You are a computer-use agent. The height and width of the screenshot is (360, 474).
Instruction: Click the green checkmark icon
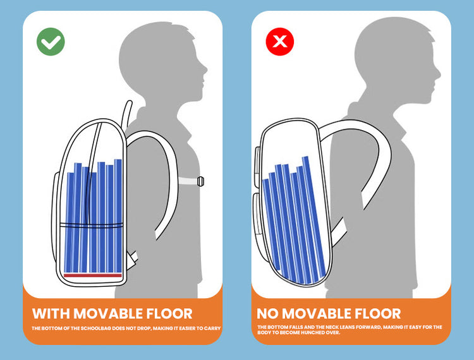click(51, 42)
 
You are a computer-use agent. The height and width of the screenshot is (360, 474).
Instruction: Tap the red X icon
click(279, 42)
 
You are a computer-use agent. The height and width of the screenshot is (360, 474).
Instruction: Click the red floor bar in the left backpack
click(93, 275)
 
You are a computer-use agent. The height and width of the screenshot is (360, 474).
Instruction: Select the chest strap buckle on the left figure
click(200, 181)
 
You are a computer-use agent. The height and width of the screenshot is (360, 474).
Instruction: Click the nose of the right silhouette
click(439, 73)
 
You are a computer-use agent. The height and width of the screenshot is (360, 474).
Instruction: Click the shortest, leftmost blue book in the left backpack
click(70, 222)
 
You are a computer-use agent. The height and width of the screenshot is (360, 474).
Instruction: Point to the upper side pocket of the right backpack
click(257, 167)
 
